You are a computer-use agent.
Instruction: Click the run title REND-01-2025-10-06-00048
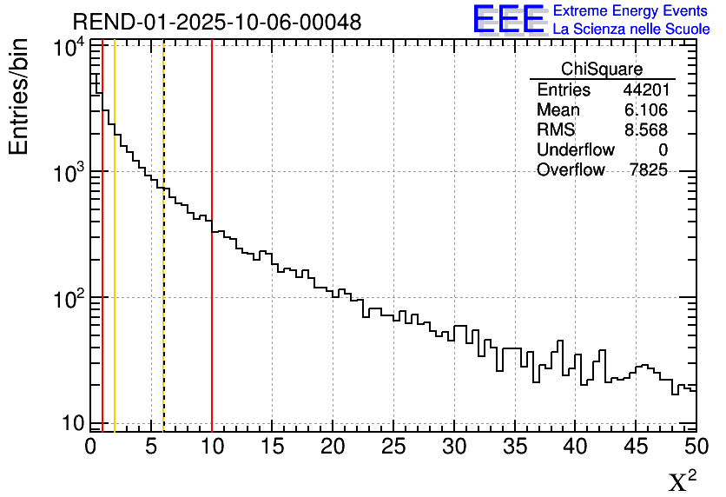[216, 22]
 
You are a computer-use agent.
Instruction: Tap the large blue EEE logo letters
[509, 19]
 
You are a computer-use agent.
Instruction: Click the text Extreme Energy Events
[631, 11]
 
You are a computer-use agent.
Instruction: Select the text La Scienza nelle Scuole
[631, 30]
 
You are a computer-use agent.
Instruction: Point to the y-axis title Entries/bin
[19, 96]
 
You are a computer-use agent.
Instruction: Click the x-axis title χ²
[682, 481]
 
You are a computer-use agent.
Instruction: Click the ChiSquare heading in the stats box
[602, 70]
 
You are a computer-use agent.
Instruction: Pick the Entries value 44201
[645, 90]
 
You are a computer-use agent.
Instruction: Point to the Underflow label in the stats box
[575, 150]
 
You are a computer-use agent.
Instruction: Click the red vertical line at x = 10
[212, 261]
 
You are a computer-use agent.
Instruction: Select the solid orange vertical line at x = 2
[115, 261]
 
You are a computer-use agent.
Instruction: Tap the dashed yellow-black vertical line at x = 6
[163, 261]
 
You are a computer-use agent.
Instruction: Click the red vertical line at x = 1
[102, 261]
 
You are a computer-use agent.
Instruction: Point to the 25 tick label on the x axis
[393, 447]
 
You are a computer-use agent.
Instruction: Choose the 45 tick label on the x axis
[636, 447]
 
